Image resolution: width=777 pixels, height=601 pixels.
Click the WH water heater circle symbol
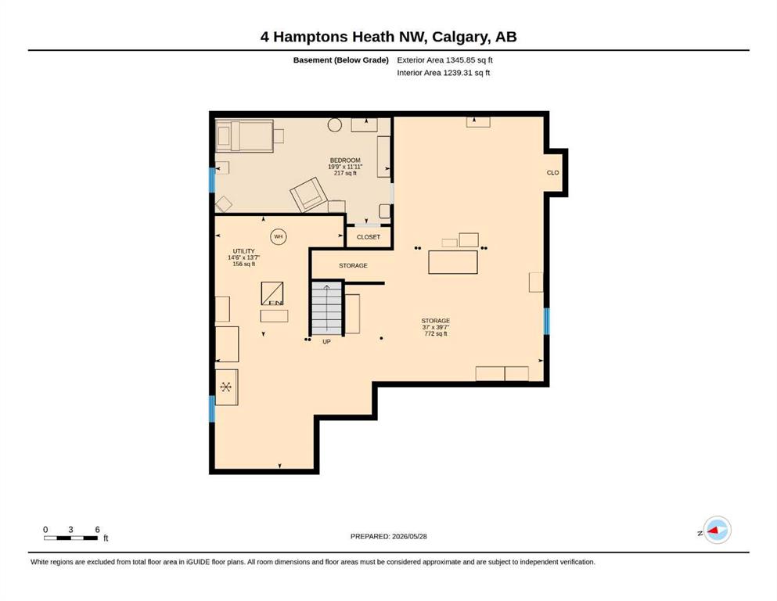pos(279,237)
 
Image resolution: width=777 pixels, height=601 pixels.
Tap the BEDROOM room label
pos(345,160)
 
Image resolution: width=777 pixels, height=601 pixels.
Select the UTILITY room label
pos(244,251)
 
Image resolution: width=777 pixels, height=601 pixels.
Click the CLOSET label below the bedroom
pos(369,237)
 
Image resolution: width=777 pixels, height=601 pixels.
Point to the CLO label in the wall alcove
pos(552,173)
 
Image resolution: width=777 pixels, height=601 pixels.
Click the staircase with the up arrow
pos(326,308)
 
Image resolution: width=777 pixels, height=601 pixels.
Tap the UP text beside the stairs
pos(326,342)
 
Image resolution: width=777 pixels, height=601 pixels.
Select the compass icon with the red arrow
pos(717,530)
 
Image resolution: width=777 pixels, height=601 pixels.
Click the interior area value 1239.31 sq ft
pos(466,72)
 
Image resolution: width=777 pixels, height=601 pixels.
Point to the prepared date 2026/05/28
pos(409,536)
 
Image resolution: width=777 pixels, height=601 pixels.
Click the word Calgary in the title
pos(458,37)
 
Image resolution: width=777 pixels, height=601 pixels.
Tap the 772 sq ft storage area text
pos(436,333)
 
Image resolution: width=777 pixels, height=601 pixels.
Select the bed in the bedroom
pos(245,135)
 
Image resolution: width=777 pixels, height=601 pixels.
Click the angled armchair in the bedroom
pos(309,195)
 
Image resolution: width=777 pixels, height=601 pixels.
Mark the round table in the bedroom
pos(334,124)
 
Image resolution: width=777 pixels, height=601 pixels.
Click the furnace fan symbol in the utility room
pos(226,387)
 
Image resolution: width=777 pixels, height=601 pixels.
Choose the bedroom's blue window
pos(212,180)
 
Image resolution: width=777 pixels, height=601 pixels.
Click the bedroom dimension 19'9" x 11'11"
pos(345,167)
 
